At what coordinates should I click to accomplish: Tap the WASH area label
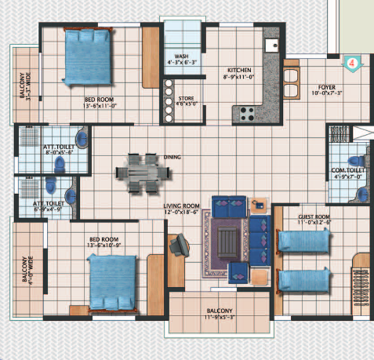(181, 56)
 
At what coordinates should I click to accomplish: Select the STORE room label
(186, 98)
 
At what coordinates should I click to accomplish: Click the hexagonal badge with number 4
(353, 60)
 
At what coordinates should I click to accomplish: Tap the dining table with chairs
(138, 169)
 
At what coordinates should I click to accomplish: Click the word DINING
(172, 157)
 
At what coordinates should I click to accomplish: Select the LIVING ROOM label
(182, 206)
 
